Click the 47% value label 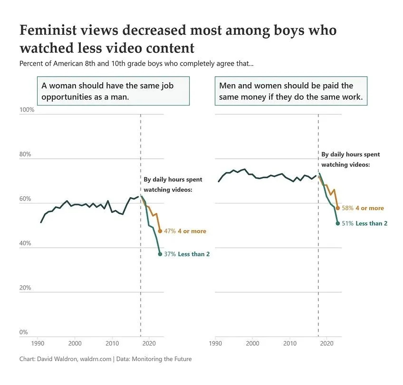tap(169, 231)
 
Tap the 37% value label tap(169, 254)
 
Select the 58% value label tap(347, 208)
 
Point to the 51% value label tap(347, 223)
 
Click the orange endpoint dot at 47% tap(160, 231)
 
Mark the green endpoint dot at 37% tap(160, 254)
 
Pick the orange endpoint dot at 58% tap(338, 208)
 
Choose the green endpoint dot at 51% tap(338, 223)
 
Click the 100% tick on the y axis tap(27, 110)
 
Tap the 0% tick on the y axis tap(23, 332)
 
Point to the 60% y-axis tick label tap(25, 199)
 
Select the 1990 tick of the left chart tap(38, 344)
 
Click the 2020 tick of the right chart tap(327, 344)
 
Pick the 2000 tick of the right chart tap(253, 344)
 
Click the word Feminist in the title tap(50, 30)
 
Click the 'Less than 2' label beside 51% tap(371, 223)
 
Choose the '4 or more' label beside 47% tap(192, 231)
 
